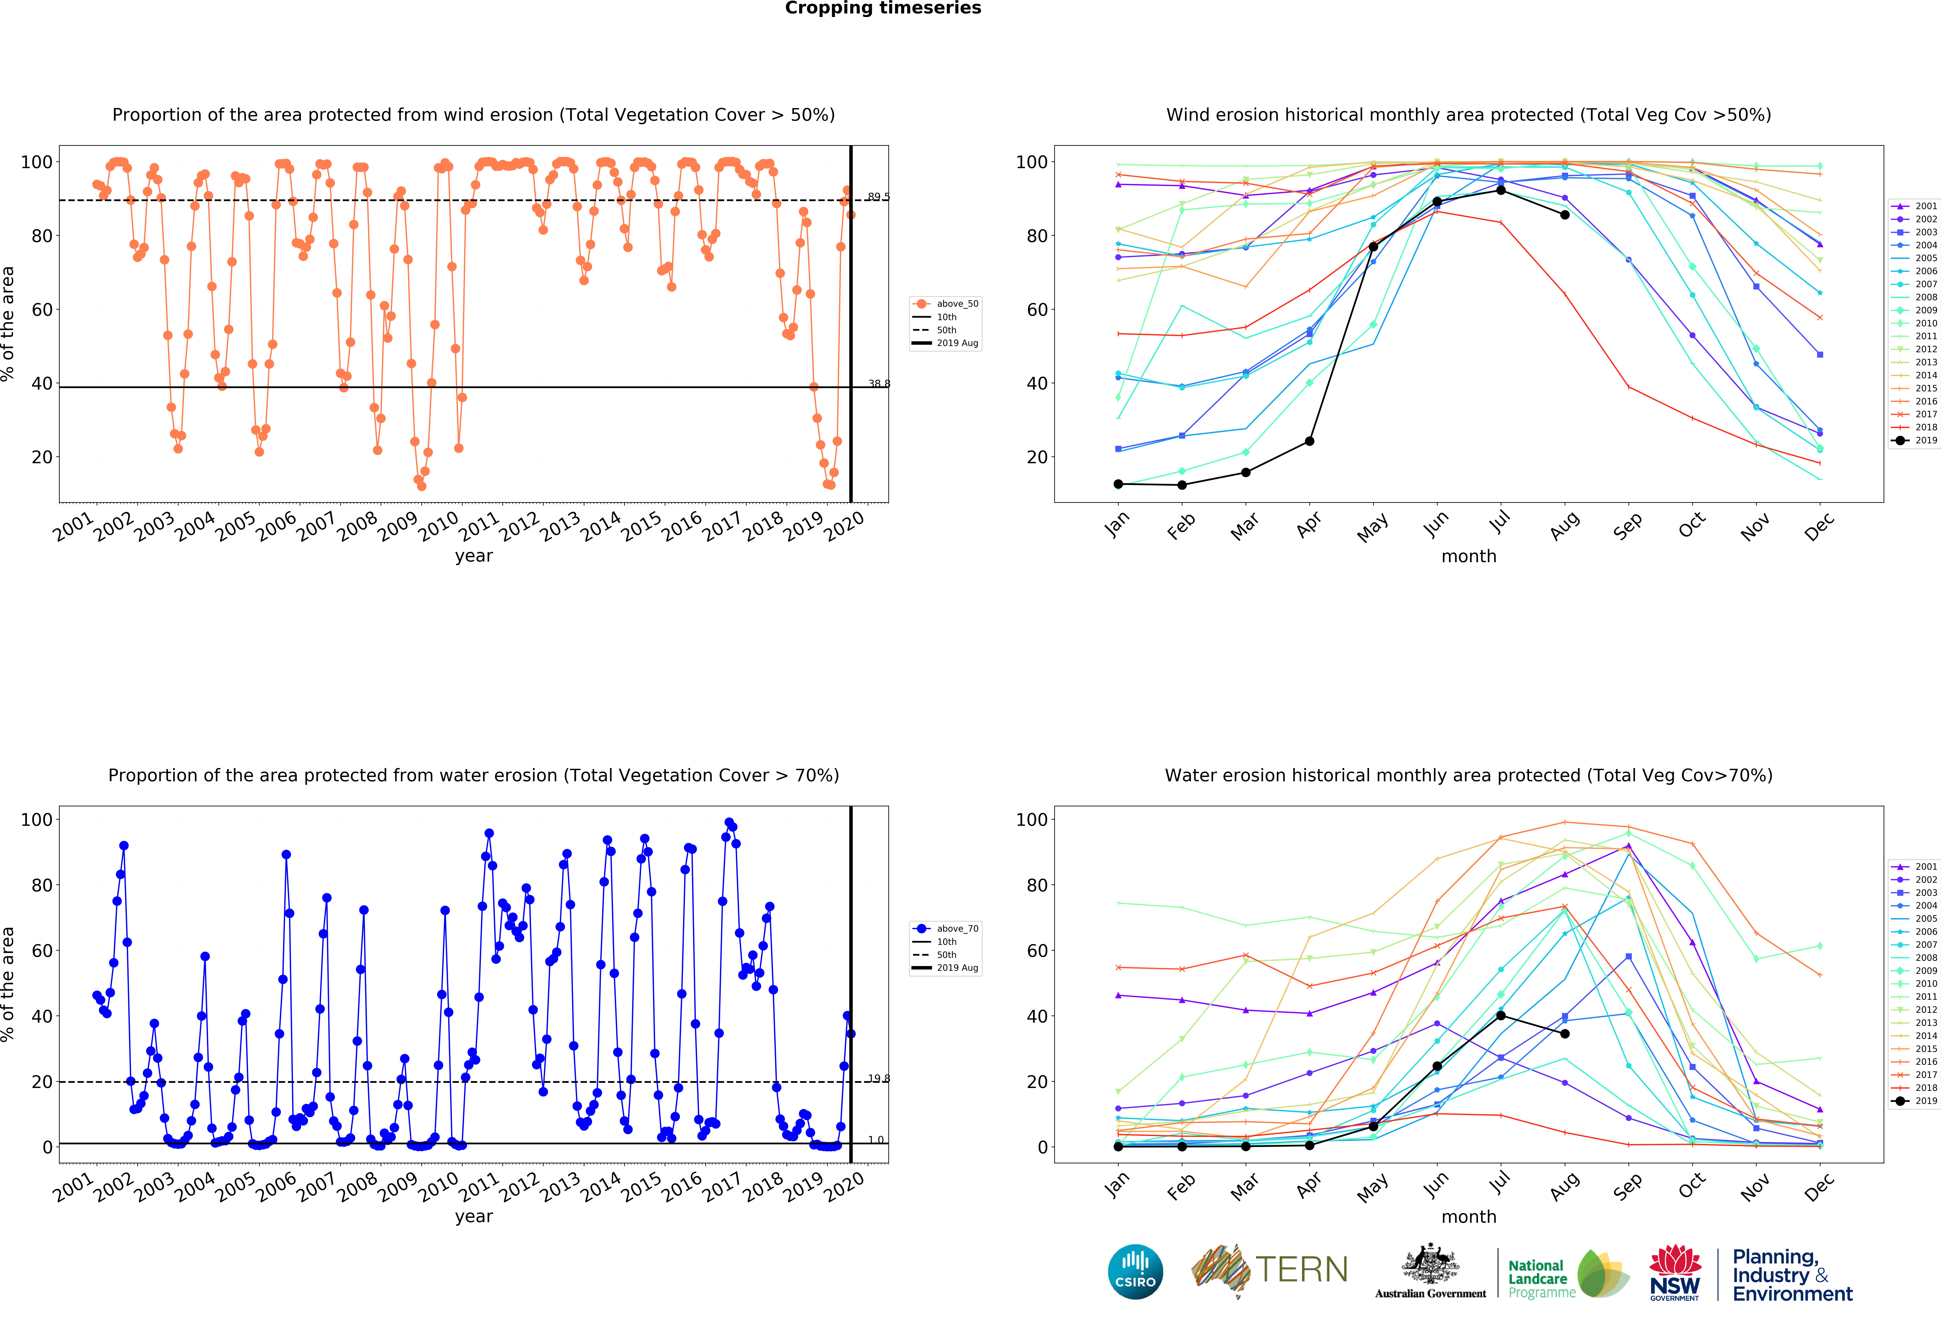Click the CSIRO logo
click(1135, 1272)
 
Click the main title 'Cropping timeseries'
click(883, 8)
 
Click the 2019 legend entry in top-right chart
click(1919, 440)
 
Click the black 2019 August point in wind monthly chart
click(1564, 215)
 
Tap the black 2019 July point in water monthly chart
click(1501, 1016)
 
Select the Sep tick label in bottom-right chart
click(1628, 1186)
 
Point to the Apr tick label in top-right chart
click(1309, 525)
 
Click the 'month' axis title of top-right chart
click(1468, 556)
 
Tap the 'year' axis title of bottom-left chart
click(474, 1216)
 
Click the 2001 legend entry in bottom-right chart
click(1919, 867)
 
